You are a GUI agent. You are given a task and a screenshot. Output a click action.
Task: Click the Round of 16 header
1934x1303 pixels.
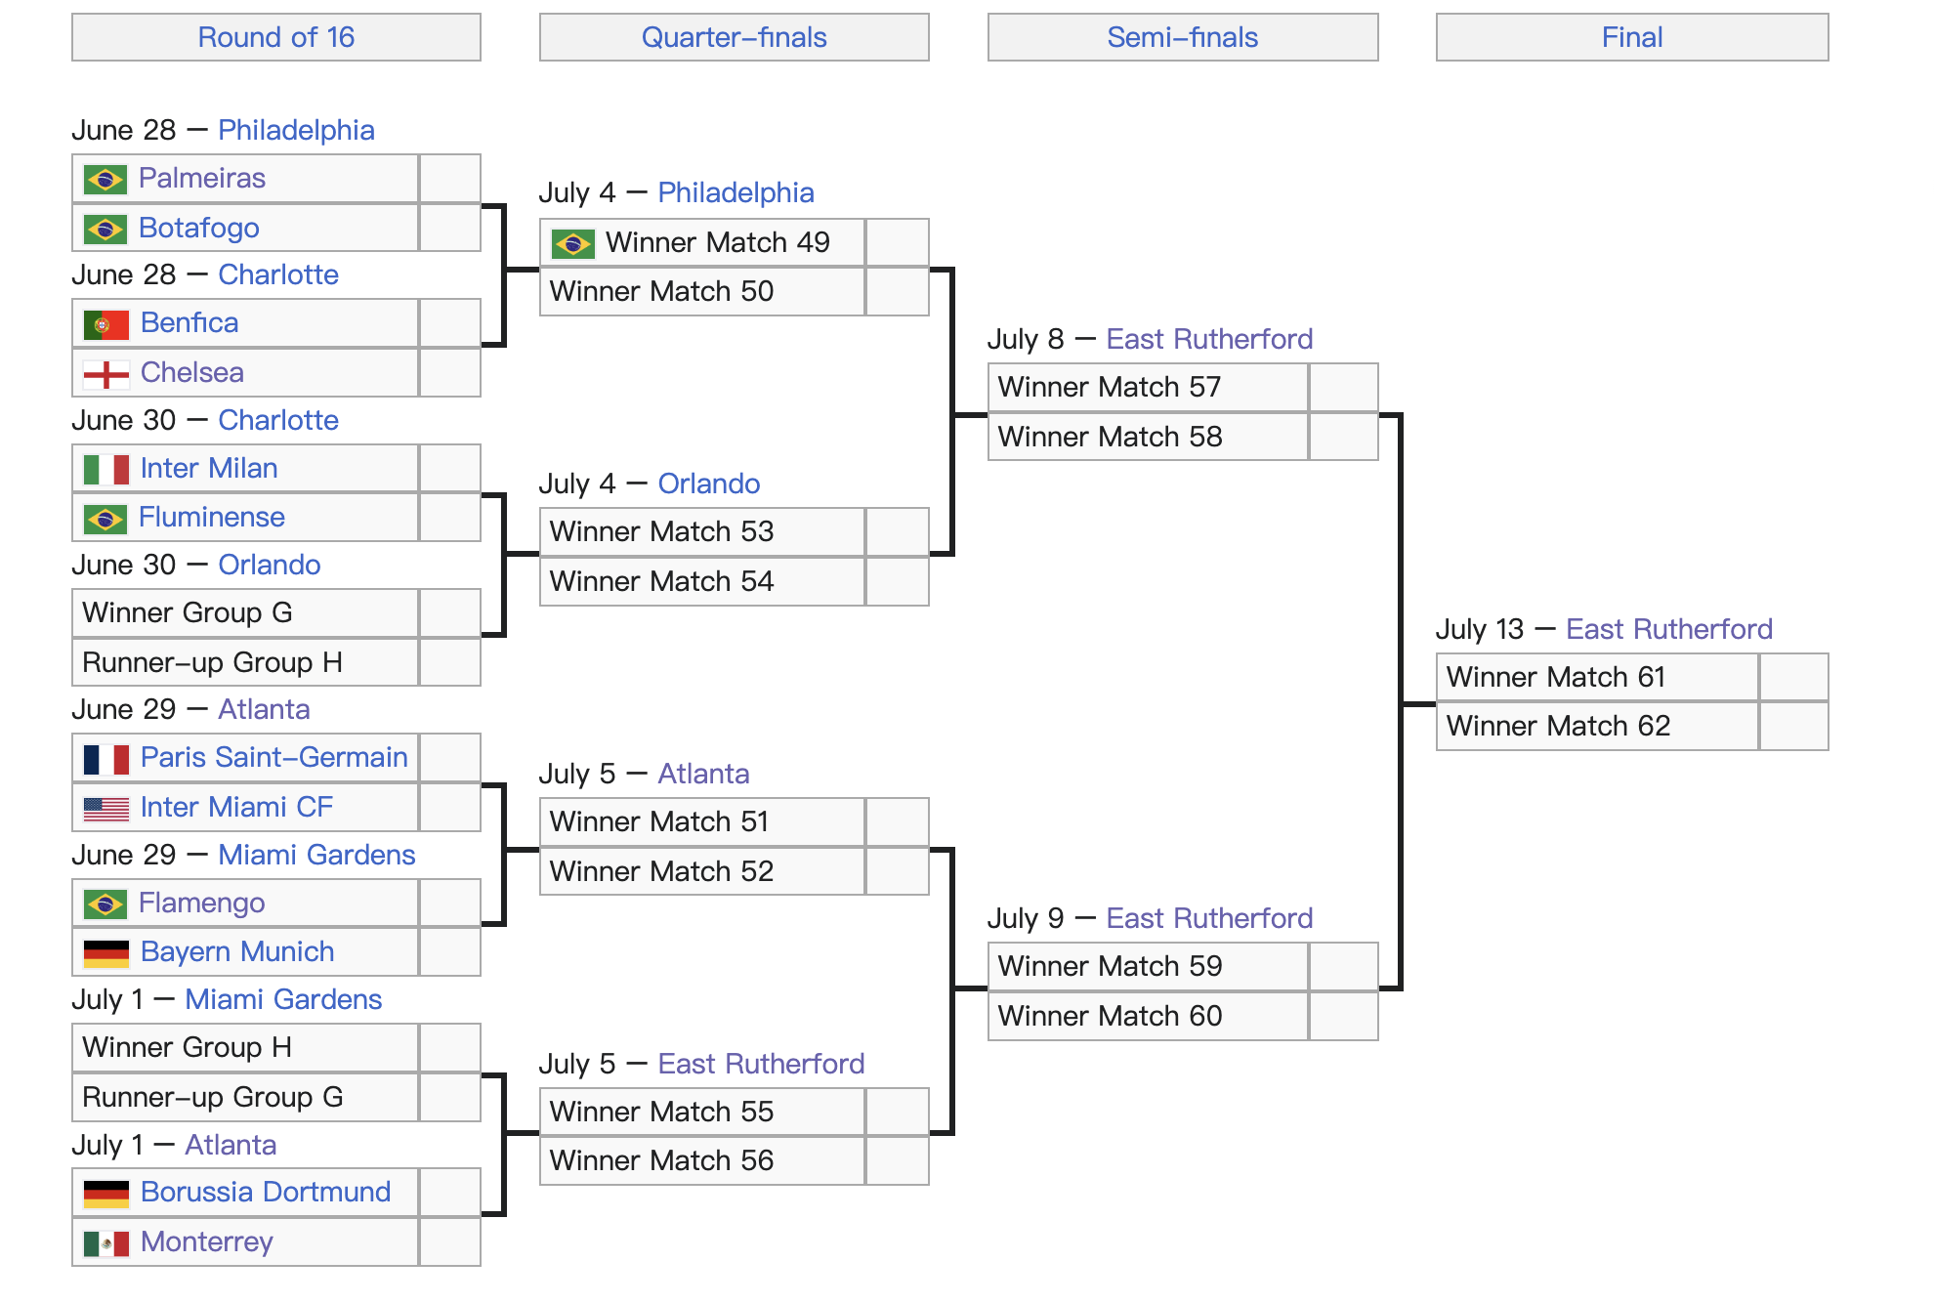pos(276,37)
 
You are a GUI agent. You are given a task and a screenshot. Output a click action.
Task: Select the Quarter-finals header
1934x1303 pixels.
pos(735,37)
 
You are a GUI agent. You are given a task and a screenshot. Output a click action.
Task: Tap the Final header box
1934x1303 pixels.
pos(1632,37)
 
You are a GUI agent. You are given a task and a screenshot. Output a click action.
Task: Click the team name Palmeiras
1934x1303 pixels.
pos(202,178)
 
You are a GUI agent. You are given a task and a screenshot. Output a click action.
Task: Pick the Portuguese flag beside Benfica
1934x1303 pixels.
pos(106,324)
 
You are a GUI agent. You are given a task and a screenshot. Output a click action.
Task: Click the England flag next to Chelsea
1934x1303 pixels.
pos(106,374)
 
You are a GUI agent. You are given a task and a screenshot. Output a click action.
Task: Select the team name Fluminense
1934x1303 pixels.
pos(212,517)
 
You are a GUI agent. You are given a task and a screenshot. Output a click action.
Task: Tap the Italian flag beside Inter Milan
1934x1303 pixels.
pos(106,470)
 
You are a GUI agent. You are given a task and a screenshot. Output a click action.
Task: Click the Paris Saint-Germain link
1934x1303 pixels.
pos(274,757)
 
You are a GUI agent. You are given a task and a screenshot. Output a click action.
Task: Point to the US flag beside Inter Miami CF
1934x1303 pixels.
pos(106,809)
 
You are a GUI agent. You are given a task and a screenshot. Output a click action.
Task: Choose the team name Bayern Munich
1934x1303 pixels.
pos(237,951)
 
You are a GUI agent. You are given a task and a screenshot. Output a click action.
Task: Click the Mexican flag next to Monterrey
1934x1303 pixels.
pos(106,1243)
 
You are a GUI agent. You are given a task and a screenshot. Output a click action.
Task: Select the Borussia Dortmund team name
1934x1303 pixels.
pos(266,1192)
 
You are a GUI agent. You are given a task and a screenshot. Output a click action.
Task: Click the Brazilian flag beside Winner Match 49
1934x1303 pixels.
pos(573,243)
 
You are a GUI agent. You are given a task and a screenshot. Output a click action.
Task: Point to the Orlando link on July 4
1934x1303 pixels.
pos(709,483)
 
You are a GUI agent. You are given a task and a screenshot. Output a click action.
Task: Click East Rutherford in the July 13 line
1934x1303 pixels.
pos(1669,629)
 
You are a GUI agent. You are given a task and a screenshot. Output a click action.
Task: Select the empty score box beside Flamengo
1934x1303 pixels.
pos(449,903)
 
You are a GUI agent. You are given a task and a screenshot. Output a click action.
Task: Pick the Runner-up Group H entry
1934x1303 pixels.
pos(213,662)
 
